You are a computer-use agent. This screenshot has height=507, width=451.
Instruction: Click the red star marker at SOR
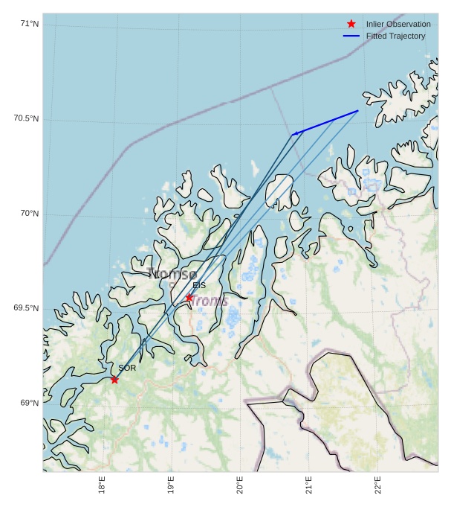pos(114,380)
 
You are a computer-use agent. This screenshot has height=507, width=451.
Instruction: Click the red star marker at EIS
pos(189,297)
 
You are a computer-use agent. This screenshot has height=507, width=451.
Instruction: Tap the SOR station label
pos(127,368)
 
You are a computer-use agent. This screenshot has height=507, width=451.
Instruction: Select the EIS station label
pos(199,285)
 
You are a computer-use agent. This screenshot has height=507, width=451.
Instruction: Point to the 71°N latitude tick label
pos(30,25)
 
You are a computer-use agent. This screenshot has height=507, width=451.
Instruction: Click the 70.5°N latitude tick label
pos(26,119)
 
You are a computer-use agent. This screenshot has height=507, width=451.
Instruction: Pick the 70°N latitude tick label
pos(30,214)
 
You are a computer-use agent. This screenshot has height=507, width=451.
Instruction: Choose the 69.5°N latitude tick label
pos(26,308)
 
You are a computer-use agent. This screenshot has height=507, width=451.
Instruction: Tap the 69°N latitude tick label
pos(30,403)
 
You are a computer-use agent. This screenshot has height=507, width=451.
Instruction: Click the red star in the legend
pos(351,24)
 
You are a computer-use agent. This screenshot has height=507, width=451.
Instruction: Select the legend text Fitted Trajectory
pos(395,36)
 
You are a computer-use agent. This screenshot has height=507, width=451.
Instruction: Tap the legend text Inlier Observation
pos(398,24)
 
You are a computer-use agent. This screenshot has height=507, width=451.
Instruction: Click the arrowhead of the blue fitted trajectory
pos(296,134)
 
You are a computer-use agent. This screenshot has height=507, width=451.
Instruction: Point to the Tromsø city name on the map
pos(172,273)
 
